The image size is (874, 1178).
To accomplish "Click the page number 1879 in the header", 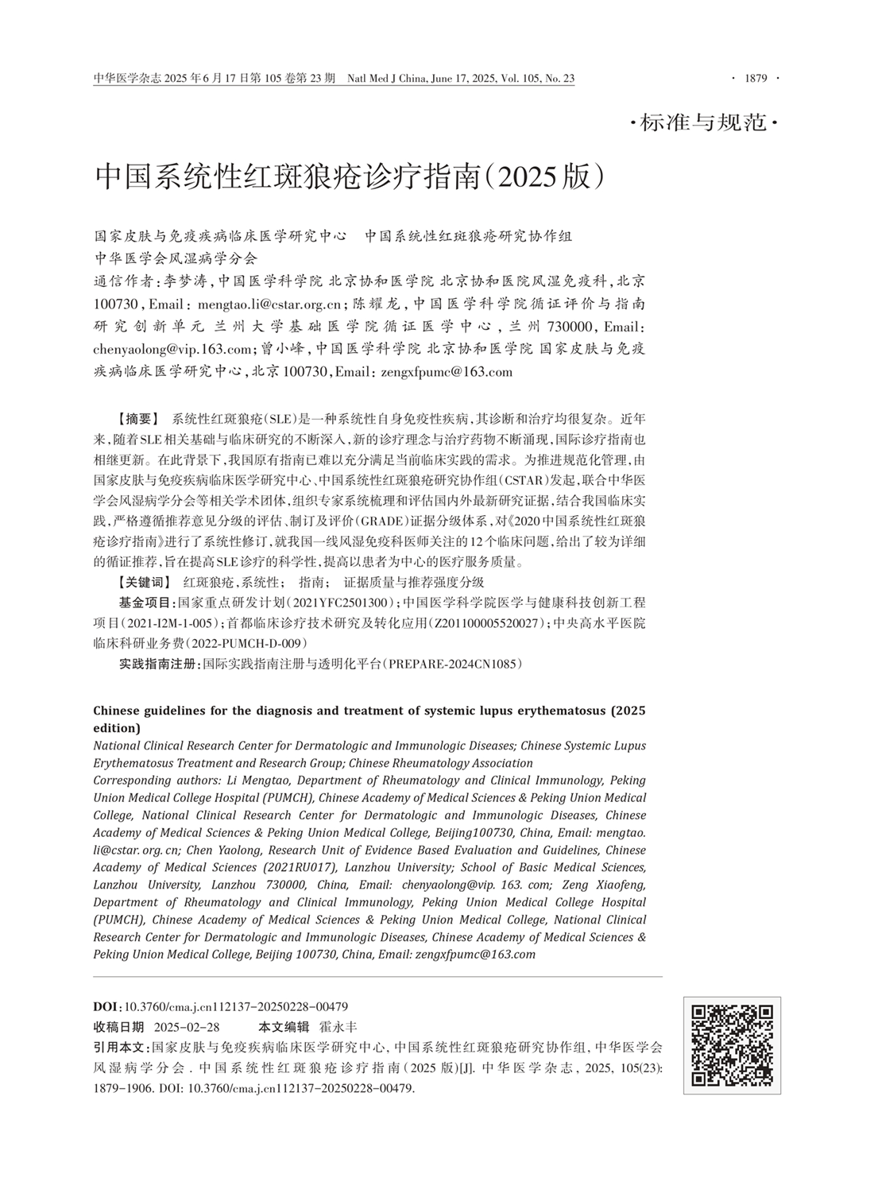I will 755,78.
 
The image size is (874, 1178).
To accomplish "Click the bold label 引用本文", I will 121,1048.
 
